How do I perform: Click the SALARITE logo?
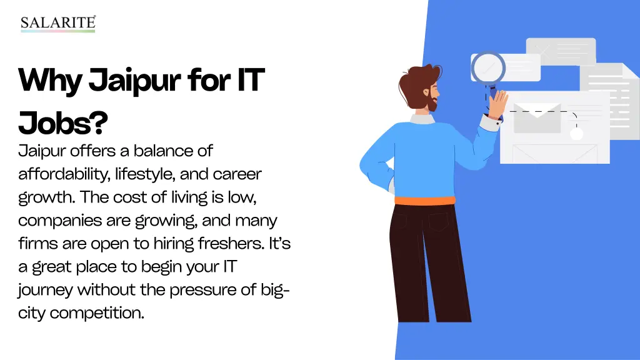tap(57, 24)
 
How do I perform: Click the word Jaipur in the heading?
tap(128, 82)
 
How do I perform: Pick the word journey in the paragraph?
tap(46, 289)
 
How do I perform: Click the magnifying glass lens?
tap(487, 67)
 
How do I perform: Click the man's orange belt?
tap(424, 201)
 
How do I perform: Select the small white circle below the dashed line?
tap(576, 134)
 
